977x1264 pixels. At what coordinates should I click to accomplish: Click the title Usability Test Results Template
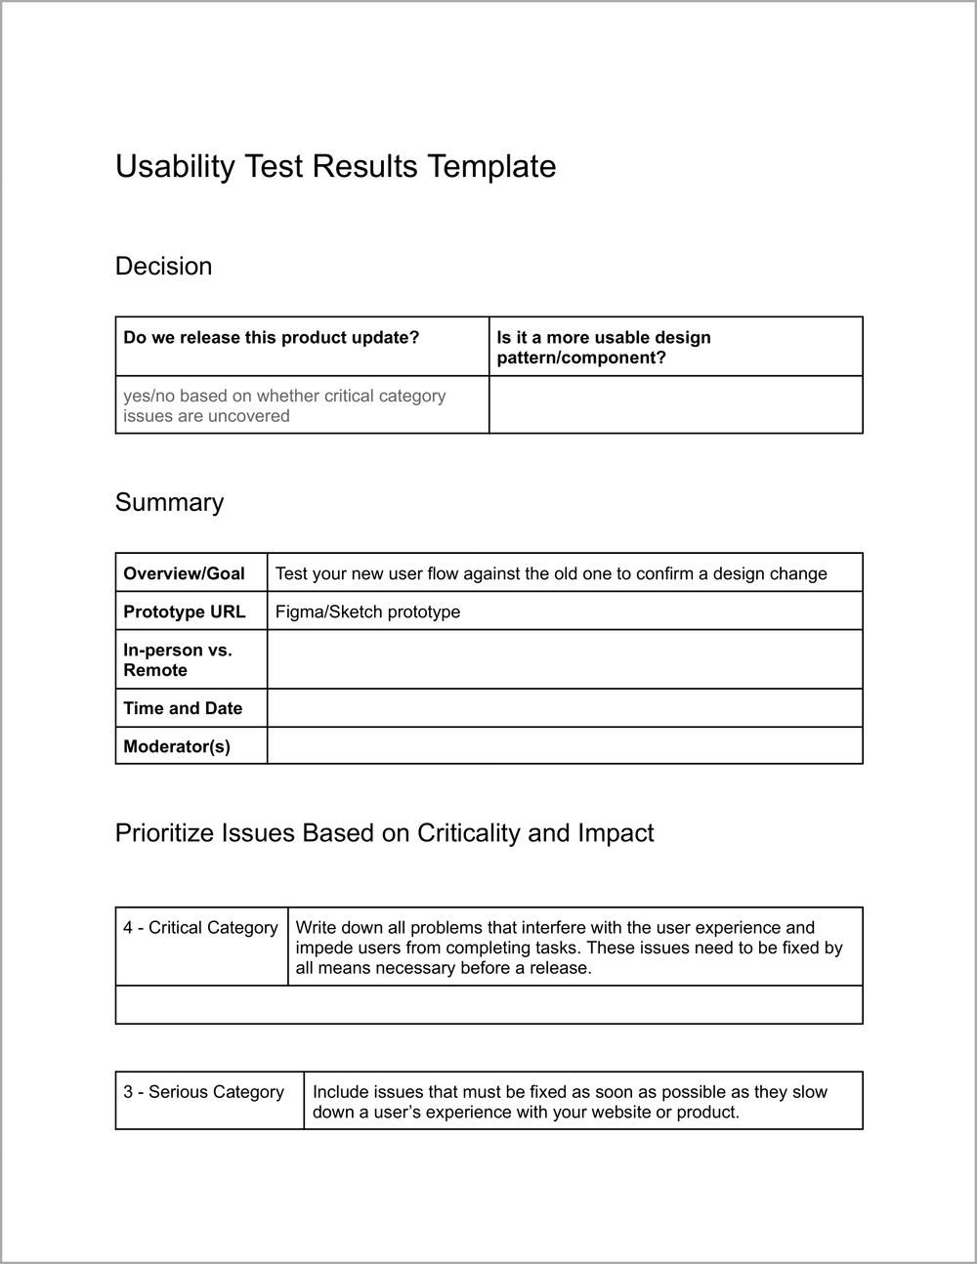335,166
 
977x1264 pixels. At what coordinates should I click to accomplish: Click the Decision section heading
163,266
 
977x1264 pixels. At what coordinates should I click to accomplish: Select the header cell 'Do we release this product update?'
271,338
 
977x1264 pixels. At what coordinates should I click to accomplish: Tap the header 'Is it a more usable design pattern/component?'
603,347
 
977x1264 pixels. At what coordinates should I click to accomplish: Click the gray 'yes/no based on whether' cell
284,405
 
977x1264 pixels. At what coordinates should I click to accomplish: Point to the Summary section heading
169,502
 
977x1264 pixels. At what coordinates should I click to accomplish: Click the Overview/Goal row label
184,573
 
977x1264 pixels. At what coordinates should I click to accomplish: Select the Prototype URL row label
184,611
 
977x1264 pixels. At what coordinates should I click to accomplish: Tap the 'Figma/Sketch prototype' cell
367,611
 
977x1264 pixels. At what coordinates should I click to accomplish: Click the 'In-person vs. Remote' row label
178,659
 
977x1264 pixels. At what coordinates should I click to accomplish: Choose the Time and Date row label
183,708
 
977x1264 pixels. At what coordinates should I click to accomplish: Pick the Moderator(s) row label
177,746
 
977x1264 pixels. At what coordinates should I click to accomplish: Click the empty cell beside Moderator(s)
564,746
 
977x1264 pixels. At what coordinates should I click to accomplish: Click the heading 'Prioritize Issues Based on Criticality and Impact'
384,832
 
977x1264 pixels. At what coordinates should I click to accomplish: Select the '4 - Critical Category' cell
200,928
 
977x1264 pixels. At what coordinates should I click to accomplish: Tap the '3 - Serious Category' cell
203,1092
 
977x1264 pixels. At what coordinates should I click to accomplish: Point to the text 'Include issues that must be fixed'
570,1102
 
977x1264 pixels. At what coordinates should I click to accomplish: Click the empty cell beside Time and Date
564,708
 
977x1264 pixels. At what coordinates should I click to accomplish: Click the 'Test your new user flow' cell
551,573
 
